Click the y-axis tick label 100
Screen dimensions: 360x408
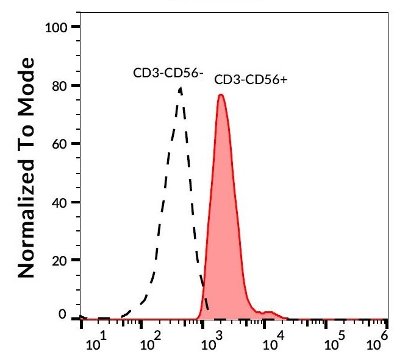pyautogui.click(x=59, y=27)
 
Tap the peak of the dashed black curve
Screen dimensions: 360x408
pyautogui.click(x=180, y=88)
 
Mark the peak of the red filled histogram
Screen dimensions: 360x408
pyautogui.click(x=221, y=95)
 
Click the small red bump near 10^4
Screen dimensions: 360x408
pyautogui.click(x=267, y=312)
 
